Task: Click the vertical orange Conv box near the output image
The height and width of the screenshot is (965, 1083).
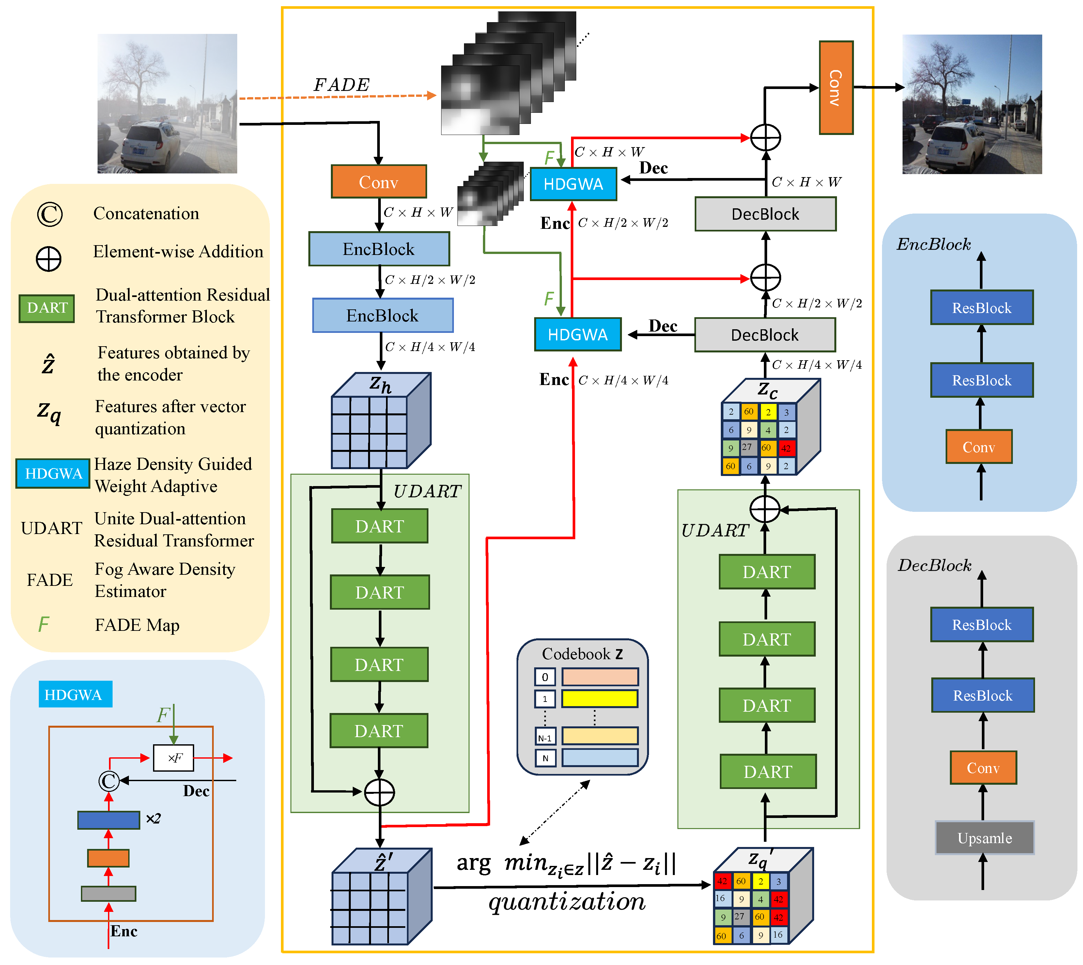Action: [x=836, y=87]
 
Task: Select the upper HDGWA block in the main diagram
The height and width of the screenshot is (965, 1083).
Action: [x=573, y=184]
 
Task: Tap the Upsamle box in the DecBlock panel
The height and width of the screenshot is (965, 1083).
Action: [x=984, y=838]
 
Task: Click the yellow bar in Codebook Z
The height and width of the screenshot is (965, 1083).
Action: [x=600, y=698]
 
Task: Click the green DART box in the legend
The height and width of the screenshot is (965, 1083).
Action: [x=47, y=308]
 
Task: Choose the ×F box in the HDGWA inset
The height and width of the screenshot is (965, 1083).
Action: [x=174, y=758]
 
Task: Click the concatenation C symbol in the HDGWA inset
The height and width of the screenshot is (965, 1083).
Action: [x=109, y=780]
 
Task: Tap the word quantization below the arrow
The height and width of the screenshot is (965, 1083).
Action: [x=567, y=902]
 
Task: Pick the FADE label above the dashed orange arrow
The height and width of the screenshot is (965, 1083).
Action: [x=341, y=85]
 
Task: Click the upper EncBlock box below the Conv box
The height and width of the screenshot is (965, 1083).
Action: [x=379, y=249]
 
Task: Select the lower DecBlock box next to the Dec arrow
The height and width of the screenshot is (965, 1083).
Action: [x=765, y=334]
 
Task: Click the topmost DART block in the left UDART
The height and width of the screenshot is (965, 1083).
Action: [x=379, y=526]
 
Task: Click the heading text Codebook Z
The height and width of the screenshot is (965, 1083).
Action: [x=582, y=654]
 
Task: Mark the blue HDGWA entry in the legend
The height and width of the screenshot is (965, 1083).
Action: [x=53, y=473]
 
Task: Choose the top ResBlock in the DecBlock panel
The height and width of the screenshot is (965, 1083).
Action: [x=982, y=625]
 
